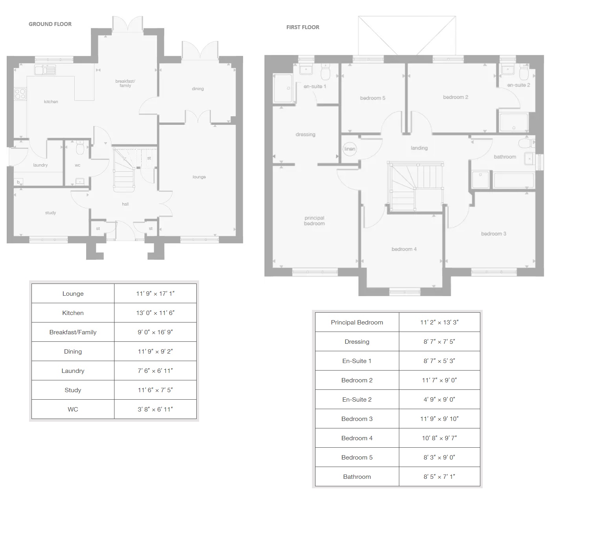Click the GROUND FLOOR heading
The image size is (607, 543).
coord(50,24)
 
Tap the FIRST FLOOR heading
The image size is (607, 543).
coord(303,27)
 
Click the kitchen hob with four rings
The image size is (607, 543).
coord(20,94)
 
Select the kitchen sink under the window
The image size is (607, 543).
coord(45,70)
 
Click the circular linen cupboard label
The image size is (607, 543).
coord(350,149)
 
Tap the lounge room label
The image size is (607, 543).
coord(199,177)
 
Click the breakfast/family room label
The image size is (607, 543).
coord(125,83)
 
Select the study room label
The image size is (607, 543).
coord(50,213)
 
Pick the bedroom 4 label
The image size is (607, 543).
coord(404,249)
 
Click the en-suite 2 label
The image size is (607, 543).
coord(518,85)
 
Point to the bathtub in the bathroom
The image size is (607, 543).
coord(513,180)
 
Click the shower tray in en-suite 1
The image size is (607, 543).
coord(283,89)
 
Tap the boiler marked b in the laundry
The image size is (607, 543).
coord(18,182)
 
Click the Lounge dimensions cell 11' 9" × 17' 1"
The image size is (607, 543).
coord(155,293)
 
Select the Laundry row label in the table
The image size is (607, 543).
coord(73,371)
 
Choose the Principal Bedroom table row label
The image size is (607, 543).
coord(357,322)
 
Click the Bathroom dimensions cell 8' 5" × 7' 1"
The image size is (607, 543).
coord(439,477)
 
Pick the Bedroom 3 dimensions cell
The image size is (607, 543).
coord(439,419)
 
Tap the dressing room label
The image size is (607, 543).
coord(305,134)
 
